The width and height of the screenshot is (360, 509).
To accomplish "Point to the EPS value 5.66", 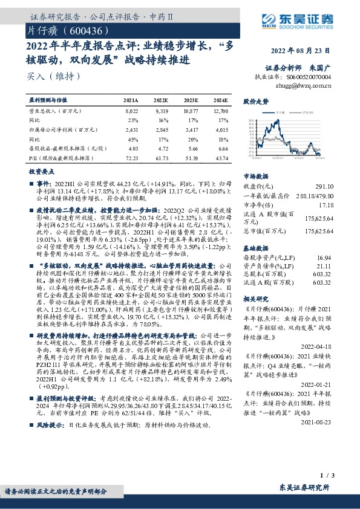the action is point(192,148).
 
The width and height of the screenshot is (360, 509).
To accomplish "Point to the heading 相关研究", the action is point(256,299).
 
